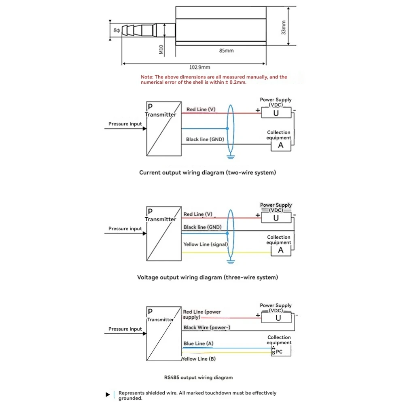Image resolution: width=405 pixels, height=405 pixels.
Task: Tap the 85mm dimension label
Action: pyautogui.click(x=226, y=51)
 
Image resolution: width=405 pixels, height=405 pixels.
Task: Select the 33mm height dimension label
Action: pyautogui.click(x=284, y=28)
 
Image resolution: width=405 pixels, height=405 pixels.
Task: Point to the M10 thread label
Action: pyautogui.click(x=161, y=49)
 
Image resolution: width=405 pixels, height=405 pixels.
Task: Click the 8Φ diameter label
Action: pyautogui.click(x=117, y=30)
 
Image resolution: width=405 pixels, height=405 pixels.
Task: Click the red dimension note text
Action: pyautogui.click(x=214, y=79)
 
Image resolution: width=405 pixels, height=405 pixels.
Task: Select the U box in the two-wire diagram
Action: pyautogui.click(x=276, y=113)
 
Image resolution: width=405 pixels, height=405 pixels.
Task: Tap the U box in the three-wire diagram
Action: pyautogui.click(x=276, y=218)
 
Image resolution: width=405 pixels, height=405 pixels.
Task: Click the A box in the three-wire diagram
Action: pyautogui.click(x=281, y=250)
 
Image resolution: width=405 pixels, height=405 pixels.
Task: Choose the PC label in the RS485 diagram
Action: pyautogui.click(x=279, y=352)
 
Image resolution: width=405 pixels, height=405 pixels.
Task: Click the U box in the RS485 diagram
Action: pyautogui.click(x=278, y=318)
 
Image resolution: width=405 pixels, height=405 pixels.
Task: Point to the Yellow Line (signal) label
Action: pyautogui.click(x=206, y=244)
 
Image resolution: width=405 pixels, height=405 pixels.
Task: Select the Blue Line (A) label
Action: pyautogui.click(x=198, y=344)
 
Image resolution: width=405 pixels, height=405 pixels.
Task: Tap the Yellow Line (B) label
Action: pyautogui.click(x=199, y=359)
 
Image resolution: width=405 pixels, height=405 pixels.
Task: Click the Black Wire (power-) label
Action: pyautogui.click(x=204, y=327)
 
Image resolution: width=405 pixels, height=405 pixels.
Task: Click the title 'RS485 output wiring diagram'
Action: pyautogui.click(x=198, y=377)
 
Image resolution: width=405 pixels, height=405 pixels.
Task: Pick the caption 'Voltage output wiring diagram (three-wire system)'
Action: pyautogui.click(x=208, y=278)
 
